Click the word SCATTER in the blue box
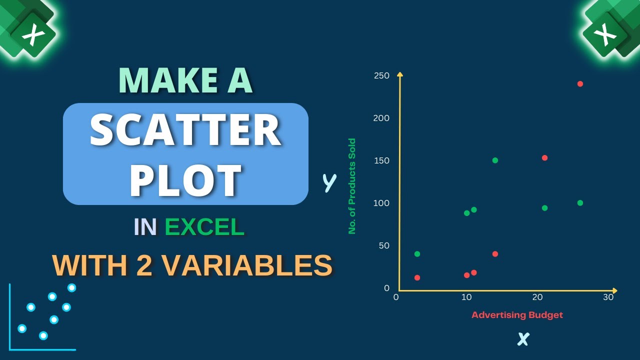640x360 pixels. click(x=185, y=130)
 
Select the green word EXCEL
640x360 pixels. click(x=204, y=227)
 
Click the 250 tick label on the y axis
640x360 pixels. click(x=381, y=75)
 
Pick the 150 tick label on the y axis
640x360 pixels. click(x=381, y=160)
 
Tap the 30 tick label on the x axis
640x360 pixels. click(x=608, y=297)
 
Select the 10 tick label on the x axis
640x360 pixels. click(x=466, y=297)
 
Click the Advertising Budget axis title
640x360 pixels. click(x=517, y=315)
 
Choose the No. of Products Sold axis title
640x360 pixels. click(x=352, y=186)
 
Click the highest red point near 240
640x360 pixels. click(x=580, y=83)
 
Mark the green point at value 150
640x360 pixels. click(x=495, y=160)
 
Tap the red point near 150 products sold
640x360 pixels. click(x=544, y=158)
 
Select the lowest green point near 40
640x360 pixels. click(x=417, y=254)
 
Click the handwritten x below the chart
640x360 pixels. click(x=523, y=340)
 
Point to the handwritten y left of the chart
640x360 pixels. click(x=329, y=183)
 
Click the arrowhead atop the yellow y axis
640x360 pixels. click(x=399, y=74)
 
